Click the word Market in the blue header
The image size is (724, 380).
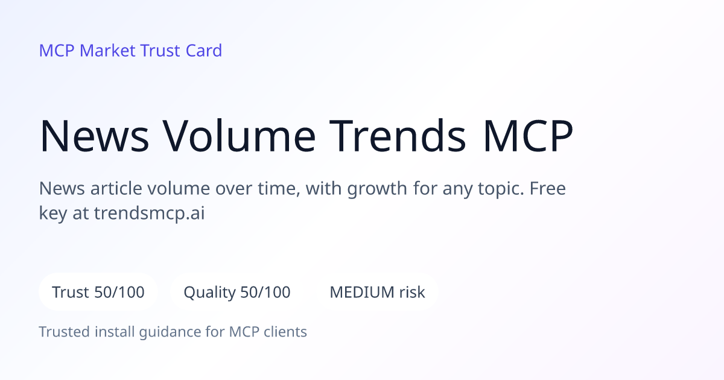click(107, 51)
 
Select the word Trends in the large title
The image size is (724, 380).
click(398, 136)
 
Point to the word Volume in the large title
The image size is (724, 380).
click(239, 136)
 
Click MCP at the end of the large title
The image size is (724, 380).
click(528, 136)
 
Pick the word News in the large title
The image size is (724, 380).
click(94, 136)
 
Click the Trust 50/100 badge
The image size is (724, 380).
click(98, 292)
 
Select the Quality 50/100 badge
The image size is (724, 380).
click(237, 292)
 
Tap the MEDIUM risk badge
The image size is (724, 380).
click(377, 292)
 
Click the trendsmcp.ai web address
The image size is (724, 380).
click(150, 214)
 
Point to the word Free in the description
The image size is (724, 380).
click(548, 188)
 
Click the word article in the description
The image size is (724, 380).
click(116, 188)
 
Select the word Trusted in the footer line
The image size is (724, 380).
click(65, 332)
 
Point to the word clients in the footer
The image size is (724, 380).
click(285, 332)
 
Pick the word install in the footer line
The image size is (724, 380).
click(115, 332)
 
